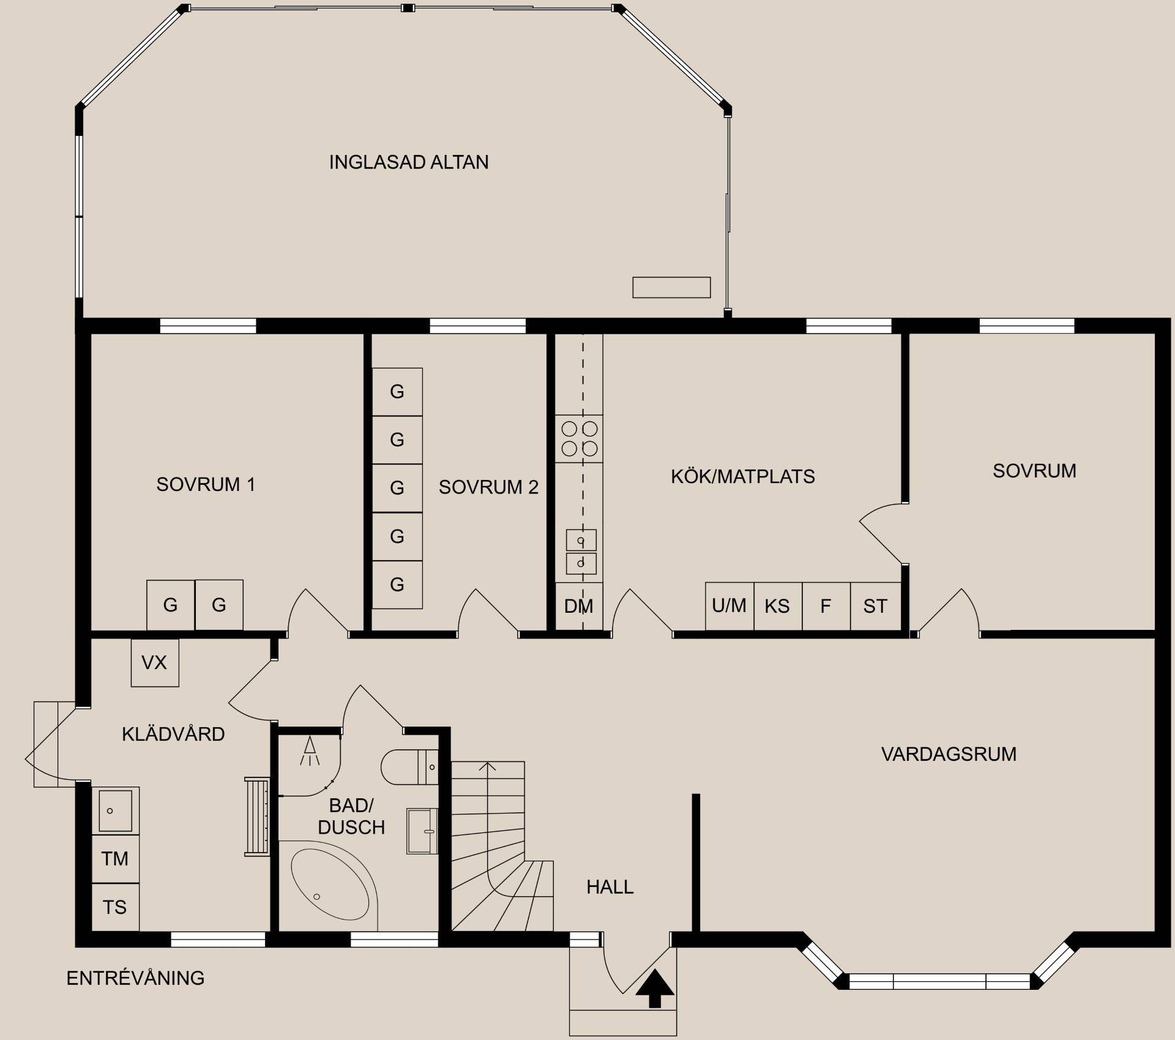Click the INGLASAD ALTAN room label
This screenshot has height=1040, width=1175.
click(409, 162)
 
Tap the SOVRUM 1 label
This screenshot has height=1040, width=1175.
click(206, 484)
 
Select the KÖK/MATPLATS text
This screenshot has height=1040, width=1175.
click(743, 476)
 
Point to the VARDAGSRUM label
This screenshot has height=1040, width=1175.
click(949, 754)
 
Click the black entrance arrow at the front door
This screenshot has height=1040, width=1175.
click(655, 988)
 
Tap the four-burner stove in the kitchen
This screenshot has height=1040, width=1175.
click(580, 439)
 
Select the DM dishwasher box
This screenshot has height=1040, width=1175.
click(579, 606)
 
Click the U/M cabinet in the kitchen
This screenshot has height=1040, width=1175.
click(729, 606)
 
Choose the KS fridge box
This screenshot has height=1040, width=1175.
click(778, 606)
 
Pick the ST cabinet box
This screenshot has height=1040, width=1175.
click(875, 606)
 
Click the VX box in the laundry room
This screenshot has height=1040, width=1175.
click(155, 663)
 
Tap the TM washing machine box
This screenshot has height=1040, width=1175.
click(116, 859)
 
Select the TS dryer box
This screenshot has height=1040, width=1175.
click(116, 907)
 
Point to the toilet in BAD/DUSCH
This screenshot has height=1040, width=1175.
click(409, 766)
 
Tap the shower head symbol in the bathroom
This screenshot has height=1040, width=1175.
click(310, 750)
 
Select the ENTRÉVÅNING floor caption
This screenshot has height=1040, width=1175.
click(135, 978)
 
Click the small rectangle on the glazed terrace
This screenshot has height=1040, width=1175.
click(671, 287)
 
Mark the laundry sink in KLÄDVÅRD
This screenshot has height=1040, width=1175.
click(116, 811)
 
